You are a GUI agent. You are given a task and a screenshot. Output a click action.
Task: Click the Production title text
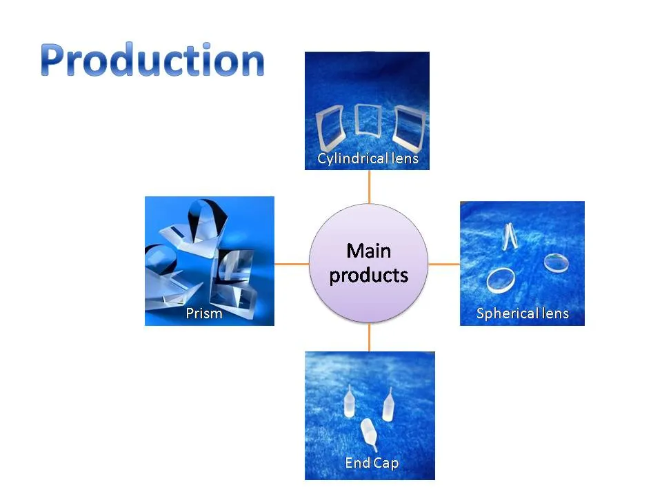(x=152, y=61)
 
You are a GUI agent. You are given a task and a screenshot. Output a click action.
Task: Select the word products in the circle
(x=368, y=276)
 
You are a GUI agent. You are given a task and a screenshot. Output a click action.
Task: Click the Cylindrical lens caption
(x=368, y=159)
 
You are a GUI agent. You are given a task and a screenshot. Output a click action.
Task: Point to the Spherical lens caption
(x=522, y=313)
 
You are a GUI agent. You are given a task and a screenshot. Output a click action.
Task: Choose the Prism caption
(x=204, y=313)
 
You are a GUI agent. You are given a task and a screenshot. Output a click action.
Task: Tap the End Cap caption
(x=371, y=462)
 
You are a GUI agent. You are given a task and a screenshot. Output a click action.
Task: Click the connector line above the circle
(x=369, y=186)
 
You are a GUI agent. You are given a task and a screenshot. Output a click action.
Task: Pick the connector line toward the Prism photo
(x=292, y=264)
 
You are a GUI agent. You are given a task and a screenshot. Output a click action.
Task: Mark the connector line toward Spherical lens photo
(x=444, y=264)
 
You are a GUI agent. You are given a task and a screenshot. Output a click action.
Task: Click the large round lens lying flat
(x=501, y=280)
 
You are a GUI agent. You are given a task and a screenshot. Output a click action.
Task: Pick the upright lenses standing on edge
(x=509, y=237)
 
